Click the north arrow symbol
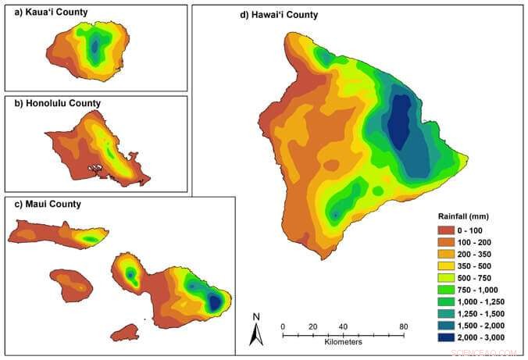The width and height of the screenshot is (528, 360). [x=255, y=334]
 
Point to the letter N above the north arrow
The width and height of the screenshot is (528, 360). [x=255, y=317]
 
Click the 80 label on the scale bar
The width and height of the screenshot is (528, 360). [x=403, y=326]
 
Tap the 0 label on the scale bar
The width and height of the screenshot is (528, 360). [x=283, y=326]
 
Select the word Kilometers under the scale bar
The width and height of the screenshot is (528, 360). [x=343, y=344]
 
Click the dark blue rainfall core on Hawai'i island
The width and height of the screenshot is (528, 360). [x=401, y=121]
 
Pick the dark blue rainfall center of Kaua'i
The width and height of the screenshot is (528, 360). [x=95, y=48]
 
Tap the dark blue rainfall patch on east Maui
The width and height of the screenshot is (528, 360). [x=212, y=303]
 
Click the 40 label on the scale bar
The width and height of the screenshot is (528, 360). [x=342, y=326]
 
